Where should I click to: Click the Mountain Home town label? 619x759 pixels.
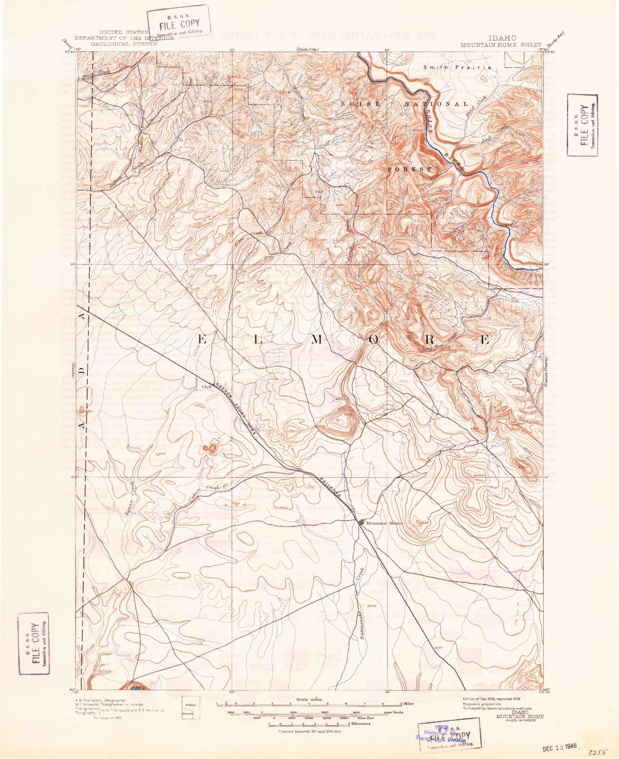click(x=383, y=523)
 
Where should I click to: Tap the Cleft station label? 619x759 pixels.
click(x=206, y=387)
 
